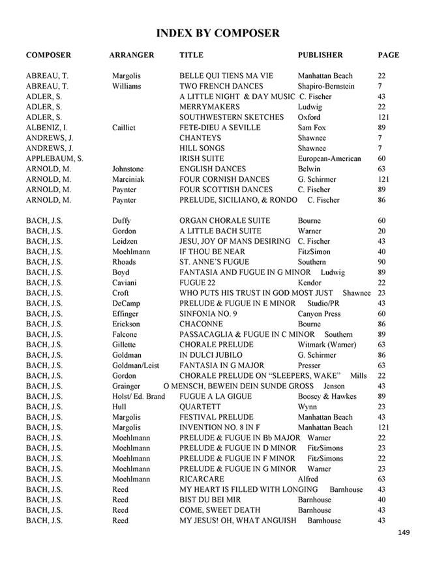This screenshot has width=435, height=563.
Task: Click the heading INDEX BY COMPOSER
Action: pyautogui.click(x=218, y=33)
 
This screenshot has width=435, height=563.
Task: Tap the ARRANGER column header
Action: pyautogui.click(x=132, y=55)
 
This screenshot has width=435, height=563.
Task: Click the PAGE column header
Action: pyautogui.click(x=389, y=55)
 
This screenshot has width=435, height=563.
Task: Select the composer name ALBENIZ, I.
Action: pyautogui.click(x=48, y=128)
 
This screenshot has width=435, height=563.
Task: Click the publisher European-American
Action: pyautogui.click(x=329, y=159)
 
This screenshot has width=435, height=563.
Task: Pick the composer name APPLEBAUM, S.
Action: pyautogui.click(x=55, y=159)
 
